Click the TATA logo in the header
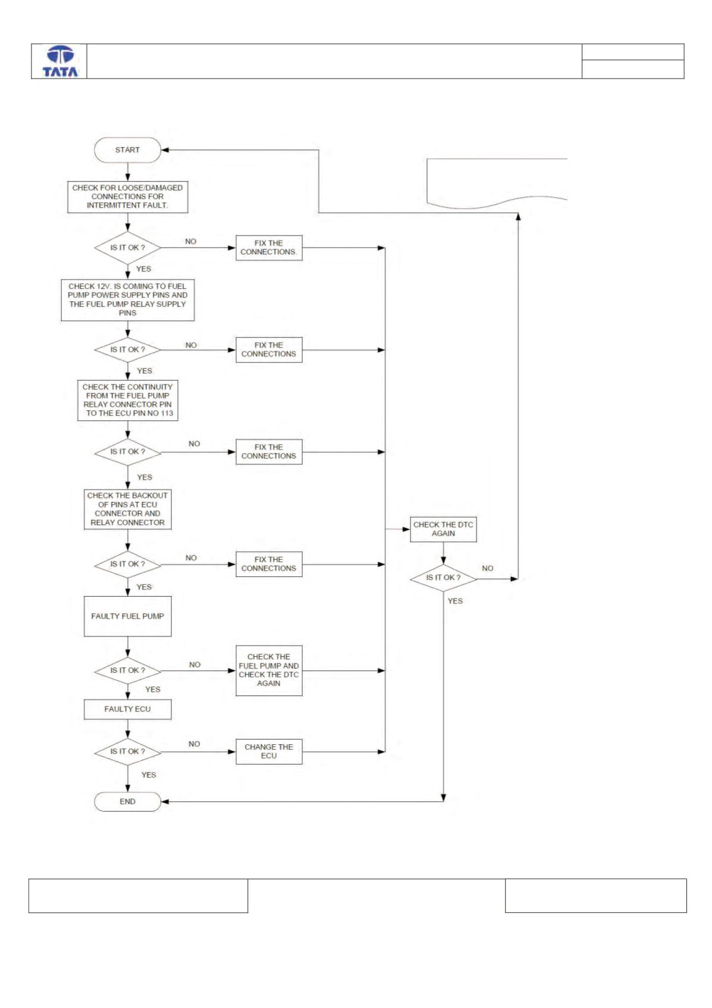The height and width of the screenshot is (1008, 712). point(60,61)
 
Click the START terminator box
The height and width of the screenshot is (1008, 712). point(128,150)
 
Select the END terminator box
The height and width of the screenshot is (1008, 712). point(128,801)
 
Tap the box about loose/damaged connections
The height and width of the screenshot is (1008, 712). point(128,196)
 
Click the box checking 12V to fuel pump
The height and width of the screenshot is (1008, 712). point(128,299)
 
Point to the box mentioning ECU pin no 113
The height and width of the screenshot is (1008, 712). point(128,400)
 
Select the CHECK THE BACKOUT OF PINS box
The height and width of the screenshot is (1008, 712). point(128,509)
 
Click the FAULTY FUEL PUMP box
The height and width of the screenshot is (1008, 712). point(128,616)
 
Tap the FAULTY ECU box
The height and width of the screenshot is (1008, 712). point(128,709)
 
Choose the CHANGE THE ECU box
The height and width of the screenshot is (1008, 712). point(269,751)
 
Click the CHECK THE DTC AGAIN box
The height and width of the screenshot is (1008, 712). point(443,529)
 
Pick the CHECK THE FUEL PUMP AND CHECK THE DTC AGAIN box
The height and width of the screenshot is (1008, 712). point(269,670)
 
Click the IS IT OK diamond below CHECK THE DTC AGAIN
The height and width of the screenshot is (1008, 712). point(443,578)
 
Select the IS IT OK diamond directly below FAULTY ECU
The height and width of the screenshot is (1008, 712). point(128,751)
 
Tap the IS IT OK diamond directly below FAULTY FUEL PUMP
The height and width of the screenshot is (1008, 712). point(128,670)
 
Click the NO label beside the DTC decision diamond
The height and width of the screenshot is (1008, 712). point(487,569)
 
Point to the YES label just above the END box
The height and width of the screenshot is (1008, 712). point(149,775)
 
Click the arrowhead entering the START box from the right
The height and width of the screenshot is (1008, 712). point(165,150)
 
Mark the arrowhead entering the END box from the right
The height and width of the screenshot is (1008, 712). point(165,801)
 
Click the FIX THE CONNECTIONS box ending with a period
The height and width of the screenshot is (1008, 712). point(269,248)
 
